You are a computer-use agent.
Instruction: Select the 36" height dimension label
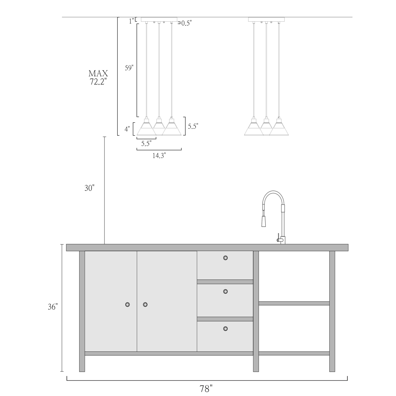coord(53,307)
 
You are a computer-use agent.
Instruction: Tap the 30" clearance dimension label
coord(89,188)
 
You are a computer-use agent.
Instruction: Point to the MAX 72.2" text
coord(98,78)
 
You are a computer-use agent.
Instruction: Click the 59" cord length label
coord(129,68)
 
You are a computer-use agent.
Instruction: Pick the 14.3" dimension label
coord(159,156)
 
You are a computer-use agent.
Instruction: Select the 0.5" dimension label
coord(186,23)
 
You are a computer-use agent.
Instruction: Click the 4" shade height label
coord(128,129)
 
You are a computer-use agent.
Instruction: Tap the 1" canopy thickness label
coord(131,21)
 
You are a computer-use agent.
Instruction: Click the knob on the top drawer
coord(225,258)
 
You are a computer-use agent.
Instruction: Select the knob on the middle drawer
coord(225,291)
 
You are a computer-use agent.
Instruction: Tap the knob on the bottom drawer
coord(225,329)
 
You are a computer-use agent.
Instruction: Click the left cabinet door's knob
coord(128,304)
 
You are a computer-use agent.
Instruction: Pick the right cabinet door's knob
coord(145,304)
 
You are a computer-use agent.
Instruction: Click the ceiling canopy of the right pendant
coord(266,19)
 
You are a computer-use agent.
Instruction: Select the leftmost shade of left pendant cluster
coord(147,129)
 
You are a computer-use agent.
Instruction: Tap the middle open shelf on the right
coord(294,303)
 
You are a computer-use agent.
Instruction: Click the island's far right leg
coord(332,312)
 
